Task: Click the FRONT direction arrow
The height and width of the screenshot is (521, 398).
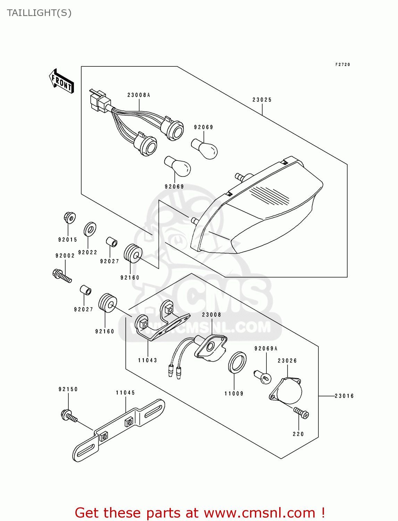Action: click(x=62, y=82)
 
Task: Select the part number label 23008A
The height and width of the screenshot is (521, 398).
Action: click(x=139, y=95)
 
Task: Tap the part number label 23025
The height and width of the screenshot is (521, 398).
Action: click(x=262, y=100)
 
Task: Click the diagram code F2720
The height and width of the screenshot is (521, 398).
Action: click(x=342, y=65)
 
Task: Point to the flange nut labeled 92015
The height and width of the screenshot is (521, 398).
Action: click(x=69, y=218)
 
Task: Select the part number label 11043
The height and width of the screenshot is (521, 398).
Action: click(x=148, y=361)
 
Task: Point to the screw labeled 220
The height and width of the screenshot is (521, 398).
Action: click(x=301, y=413)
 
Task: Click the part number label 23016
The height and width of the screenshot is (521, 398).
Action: click(x=344, y=396)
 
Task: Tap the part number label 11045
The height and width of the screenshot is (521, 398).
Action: click(x=125, y=393)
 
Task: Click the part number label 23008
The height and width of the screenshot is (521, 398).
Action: click(x=212, y=315)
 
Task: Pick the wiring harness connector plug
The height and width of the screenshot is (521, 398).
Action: click(x=98, y=100)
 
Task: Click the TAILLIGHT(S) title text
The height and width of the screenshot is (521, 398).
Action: click(x=39, y=13)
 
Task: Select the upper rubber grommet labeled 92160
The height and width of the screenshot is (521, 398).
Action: click(x=133, y=253)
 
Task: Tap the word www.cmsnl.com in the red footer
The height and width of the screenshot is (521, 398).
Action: click(x=259, y=513)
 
